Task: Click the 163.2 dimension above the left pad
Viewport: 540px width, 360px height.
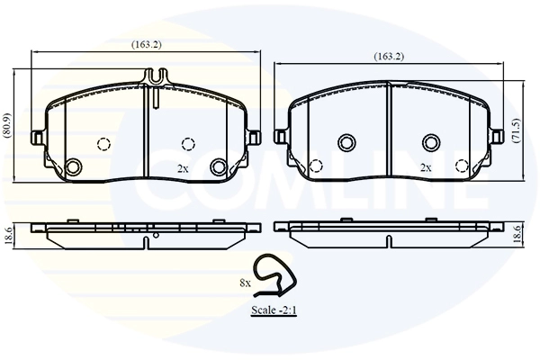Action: pos(146,44)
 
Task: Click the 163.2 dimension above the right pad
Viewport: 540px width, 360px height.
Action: pos(389,57)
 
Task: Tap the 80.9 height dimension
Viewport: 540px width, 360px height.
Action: pos(7,126)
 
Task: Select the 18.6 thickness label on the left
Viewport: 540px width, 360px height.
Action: pos(9,236)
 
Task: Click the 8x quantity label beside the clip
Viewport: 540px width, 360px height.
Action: pos(245,283)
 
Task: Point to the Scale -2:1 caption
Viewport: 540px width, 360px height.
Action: pos(274,310)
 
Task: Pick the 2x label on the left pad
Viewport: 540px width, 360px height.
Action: pos(183,169)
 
